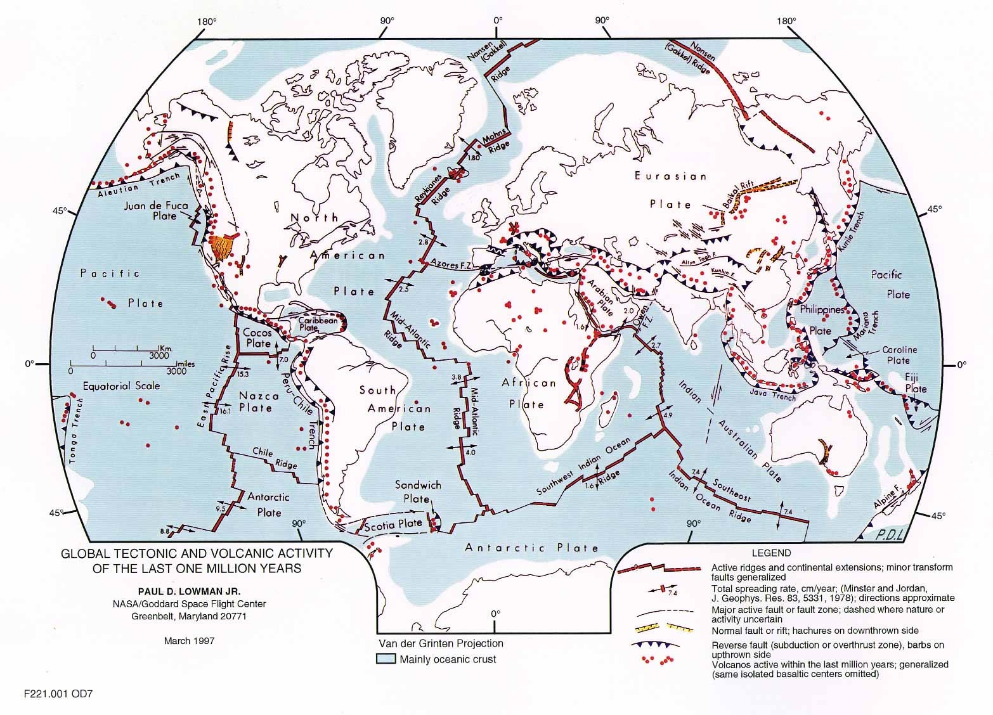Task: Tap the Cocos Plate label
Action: [x=257, y=338]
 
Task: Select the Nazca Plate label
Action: [x=255, y=402]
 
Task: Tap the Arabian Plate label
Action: [x=600, y=292]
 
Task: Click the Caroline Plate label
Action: [x=899, y=355]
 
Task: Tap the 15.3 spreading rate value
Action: [x=243, y=375]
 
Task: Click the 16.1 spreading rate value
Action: [x=224, y=411]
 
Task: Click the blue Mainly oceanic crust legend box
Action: [x=386, y=659]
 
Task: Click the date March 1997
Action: [x=189, y=640]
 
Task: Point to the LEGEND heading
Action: [x=771, y=553]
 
